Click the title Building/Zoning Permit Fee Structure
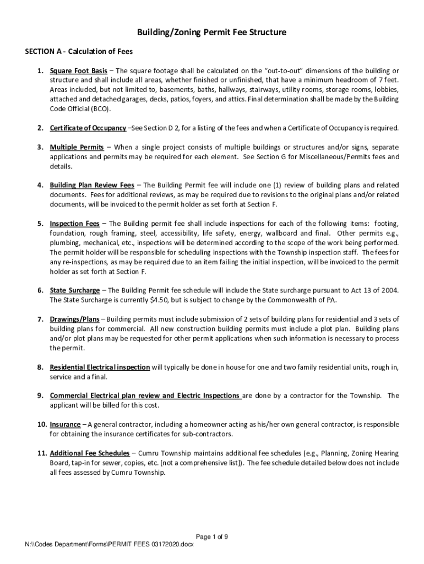[212, 32]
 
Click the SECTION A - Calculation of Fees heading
[79, 52]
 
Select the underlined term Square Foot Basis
[78, 71]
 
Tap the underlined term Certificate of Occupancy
[88, 128]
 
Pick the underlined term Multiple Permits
[77, 148]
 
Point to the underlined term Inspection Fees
[74, 224]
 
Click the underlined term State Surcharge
[75, 290]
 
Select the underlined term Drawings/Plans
[74, 319]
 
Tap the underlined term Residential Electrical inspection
[100, 367]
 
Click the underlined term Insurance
[65, 424]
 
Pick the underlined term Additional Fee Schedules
[89, 453]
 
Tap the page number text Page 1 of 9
[212, 537]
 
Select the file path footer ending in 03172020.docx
[110, 545]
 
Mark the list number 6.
[40, 290]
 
